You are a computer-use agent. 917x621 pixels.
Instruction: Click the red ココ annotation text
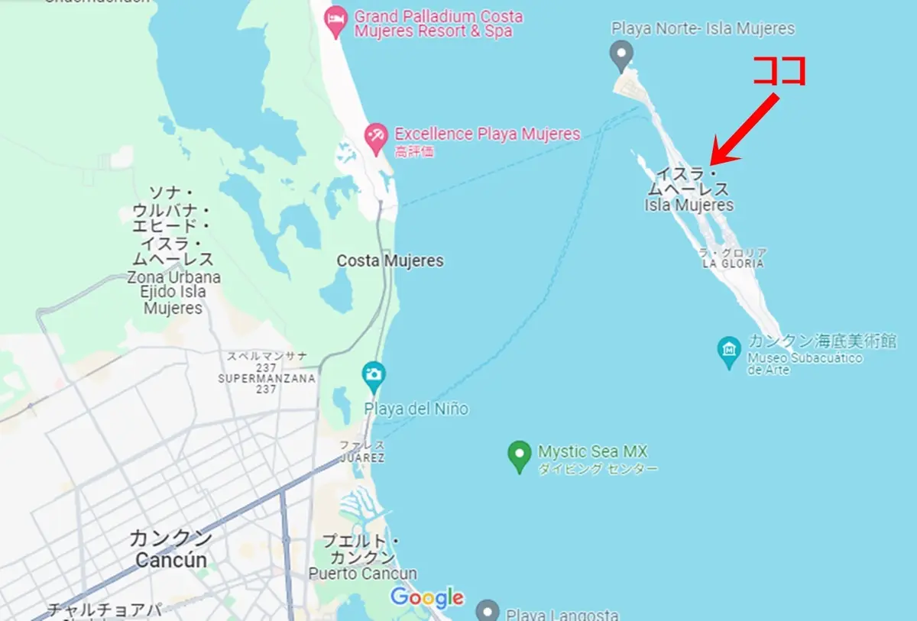779,71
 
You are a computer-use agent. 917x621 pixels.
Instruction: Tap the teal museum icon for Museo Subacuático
729,351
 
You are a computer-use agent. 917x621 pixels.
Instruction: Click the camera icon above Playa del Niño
373,375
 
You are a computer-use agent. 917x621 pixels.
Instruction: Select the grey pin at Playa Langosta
487,611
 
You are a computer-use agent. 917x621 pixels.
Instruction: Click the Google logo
427,597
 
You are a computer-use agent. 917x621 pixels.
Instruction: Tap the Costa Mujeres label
390,260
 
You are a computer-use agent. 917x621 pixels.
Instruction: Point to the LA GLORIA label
733,264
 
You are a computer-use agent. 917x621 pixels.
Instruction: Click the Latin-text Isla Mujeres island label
689,205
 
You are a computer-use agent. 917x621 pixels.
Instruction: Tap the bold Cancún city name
171,560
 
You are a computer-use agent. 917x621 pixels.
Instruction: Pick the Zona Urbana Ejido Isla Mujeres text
173,293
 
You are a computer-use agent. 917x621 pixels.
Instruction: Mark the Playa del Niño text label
416,409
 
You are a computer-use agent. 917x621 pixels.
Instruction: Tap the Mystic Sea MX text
592,451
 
